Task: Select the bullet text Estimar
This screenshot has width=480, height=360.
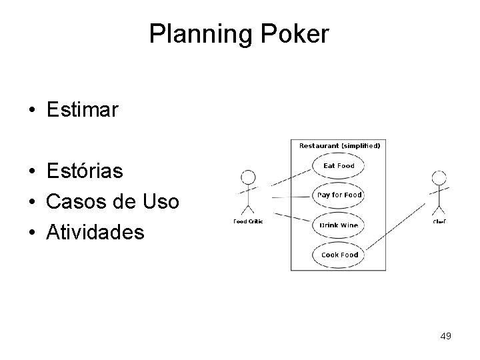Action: click(82, 110)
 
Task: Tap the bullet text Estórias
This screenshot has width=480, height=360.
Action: click(85, 171)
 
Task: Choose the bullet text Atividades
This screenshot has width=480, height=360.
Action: click(95, 232)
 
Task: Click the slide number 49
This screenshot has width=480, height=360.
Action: click(445, 336)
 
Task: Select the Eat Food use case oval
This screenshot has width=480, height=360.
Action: click(339, 165)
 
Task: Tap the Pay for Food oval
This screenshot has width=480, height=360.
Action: click(339, 195)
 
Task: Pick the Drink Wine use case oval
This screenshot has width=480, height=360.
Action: click(339, 225)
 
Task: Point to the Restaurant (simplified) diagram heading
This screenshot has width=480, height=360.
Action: click(339, 145)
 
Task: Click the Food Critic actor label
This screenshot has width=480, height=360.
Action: click(247, 222)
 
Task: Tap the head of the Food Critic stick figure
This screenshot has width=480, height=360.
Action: click(248, 177)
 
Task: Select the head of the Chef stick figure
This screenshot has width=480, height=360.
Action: click(439, 178)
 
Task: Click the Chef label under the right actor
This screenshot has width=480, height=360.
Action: click(439, 222)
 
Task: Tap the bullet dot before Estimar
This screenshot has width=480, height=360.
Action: click(32, 111)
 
